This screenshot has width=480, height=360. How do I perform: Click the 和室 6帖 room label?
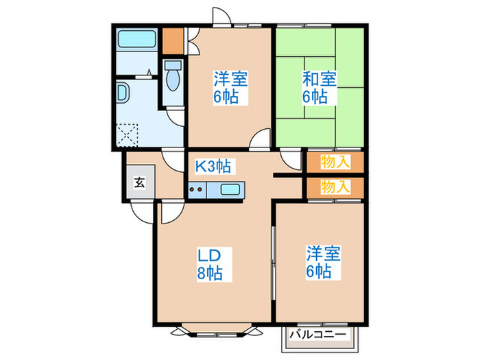click(320, 87)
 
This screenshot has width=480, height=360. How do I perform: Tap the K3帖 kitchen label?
click(213, 165)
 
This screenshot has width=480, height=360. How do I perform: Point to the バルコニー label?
click(317, 334)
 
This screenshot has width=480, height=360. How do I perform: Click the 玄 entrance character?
click(139, 182)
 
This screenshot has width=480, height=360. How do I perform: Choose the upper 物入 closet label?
click(335, 163)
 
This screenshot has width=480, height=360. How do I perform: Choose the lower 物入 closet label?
click(335, 186)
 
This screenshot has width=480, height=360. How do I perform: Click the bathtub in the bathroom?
click(137, 39)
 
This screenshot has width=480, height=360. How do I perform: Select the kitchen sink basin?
click(230, 190)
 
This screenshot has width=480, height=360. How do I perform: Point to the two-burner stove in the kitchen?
click(197, 190)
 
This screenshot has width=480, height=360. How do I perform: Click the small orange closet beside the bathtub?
click(172, 40)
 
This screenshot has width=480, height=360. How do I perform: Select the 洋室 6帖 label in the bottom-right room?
click(319, 263)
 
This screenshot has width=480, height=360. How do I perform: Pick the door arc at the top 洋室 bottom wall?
click(261, 140)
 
